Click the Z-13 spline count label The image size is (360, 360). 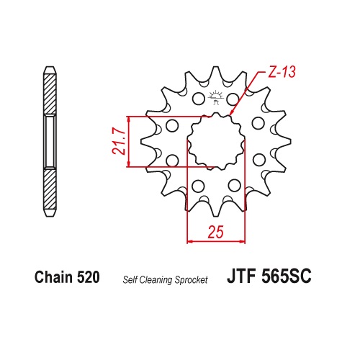[282, 72]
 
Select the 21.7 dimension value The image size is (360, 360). [119, 142]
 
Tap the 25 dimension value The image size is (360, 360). [216, 232]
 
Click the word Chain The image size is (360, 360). [53, 277]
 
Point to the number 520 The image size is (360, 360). [89, 277]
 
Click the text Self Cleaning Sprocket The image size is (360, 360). [165, 280]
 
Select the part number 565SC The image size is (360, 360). [286, 276]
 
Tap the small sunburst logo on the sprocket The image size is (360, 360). [216, 97]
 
